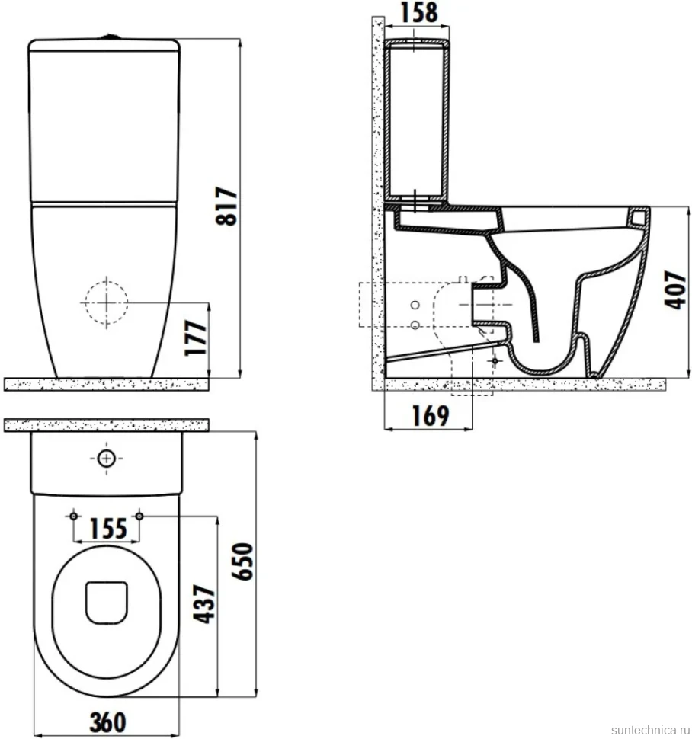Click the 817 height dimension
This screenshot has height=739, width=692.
click(x=226, y=206)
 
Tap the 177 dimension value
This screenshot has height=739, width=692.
click(x=196, y=338)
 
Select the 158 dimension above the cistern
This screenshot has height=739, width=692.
click(x=419, y=13)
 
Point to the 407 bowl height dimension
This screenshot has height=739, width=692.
click(x=675, y=290)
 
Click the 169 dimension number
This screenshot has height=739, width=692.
click(x=431, y=416)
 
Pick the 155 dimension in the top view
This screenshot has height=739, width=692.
click(x=108, y=528)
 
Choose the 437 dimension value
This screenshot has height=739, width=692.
click(x=204, y=604)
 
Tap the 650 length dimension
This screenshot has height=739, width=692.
click(x=243, y=561)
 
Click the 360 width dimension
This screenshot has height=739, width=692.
click(x=107, y=722)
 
